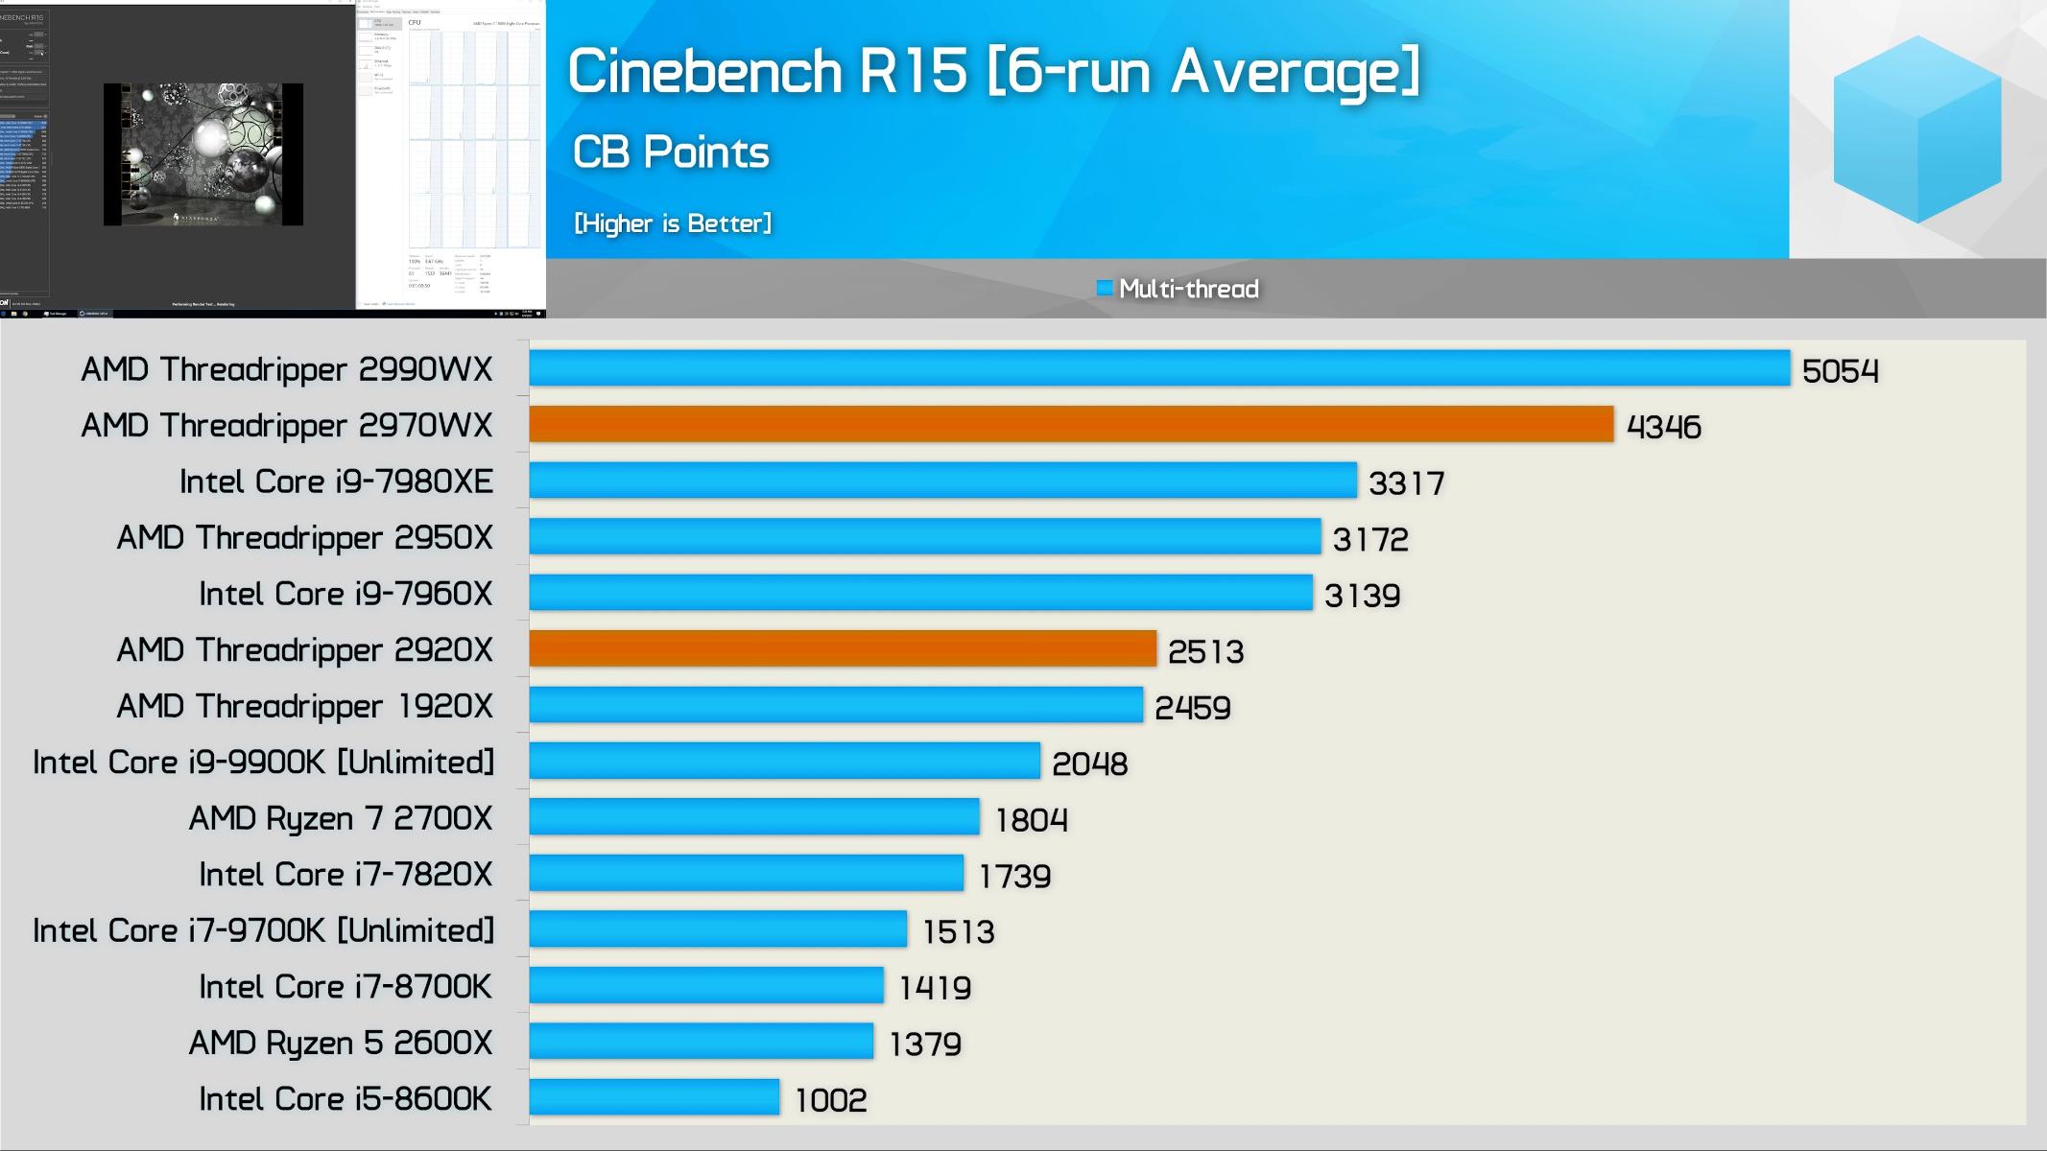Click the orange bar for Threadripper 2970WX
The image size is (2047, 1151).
pos(1070,425)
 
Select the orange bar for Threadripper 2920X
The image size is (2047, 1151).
pos(843,649)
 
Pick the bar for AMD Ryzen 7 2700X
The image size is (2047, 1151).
pos(754,817)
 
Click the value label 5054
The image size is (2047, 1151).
pos(1840,371)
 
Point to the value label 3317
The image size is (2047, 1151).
pos(1406,482)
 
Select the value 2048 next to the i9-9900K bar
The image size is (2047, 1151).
pos(1089,763)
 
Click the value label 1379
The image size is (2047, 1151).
pos(925,1044)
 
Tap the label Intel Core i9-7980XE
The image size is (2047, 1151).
pos(336,482)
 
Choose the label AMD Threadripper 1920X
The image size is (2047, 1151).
pos(304,706)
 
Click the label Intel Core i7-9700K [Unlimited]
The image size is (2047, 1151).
pos(264,930)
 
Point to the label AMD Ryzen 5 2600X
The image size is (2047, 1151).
pos(340,1043)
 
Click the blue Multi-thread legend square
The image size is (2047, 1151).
pos(1105,288)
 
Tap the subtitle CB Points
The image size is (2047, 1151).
pos(671,153)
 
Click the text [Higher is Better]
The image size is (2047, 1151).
pos(673,223)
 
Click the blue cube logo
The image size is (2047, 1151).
pos(1916,129)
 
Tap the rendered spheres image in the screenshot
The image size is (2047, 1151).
pos(203,154)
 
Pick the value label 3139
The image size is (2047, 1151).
pos(1362,596)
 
